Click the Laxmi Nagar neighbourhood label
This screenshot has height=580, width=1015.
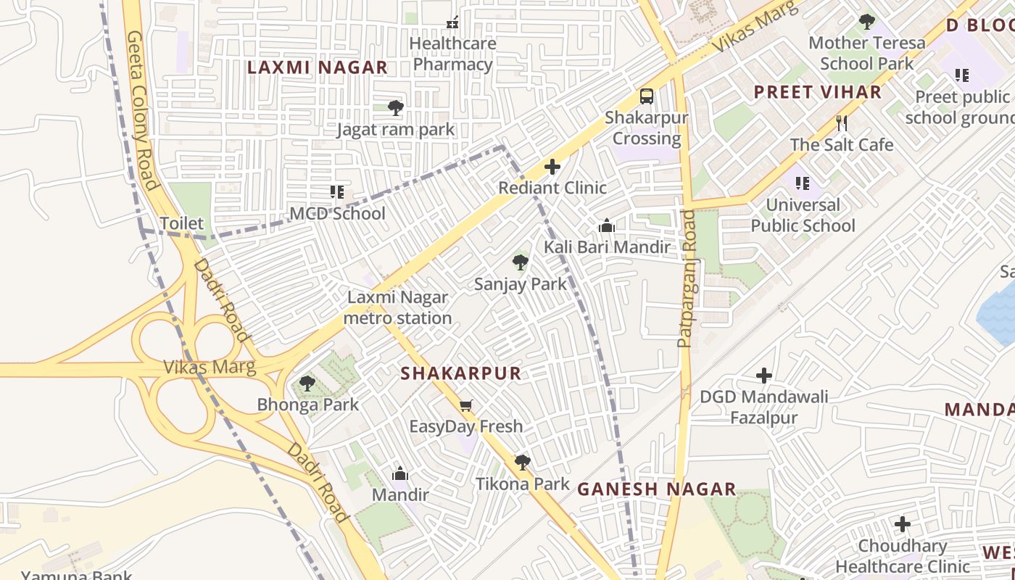(318, 67)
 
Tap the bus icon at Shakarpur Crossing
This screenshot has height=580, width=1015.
(646, 96)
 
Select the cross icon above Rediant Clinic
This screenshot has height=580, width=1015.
(552, 167)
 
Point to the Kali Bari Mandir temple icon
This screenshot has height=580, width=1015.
(607, 226)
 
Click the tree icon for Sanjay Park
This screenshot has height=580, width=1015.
(520, 262)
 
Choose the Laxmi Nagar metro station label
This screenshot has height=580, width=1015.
(397, 307)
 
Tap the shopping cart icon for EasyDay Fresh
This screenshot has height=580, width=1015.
(466, 405)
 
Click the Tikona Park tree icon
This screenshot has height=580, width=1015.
(522, 462)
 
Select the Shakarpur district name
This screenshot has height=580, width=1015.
(461, 373)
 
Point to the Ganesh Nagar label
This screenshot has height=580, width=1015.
(657, 489)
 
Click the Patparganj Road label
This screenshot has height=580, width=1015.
(686, 279)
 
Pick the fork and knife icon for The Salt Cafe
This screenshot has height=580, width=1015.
(842, 123)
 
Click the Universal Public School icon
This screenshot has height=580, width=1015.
(802, 183)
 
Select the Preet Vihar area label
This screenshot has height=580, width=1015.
(818, 92)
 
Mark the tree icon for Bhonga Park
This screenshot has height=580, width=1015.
(307, 383)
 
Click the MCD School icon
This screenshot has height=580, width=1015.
(337, 192)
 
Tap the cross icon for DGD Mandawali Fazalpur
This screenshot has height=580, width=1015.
(763, 376)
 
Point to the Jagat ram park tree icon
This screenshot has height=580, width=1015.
(395, 108)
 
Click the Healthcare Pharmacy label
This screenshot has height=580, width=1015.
(452, 54)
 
